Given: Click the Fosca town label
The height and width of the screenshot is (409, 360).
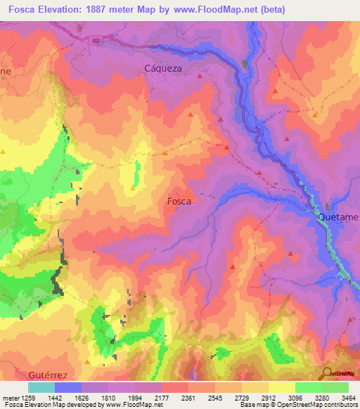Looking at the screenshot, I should click(x=179, y=200).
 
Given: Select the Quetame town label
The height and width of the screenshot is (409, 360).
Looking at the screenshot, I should click(x=338, y=217).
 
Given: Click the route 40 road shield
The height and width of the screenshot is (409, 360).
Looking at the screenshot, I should click(x=96, y=41).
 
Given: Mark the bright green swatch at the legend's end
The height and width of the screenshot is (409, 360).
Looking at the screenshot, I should click(x=335, y=387).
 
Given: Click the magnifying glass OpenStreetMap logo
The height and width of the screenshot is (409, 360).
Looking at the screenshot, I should click(x=326, y=373).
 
